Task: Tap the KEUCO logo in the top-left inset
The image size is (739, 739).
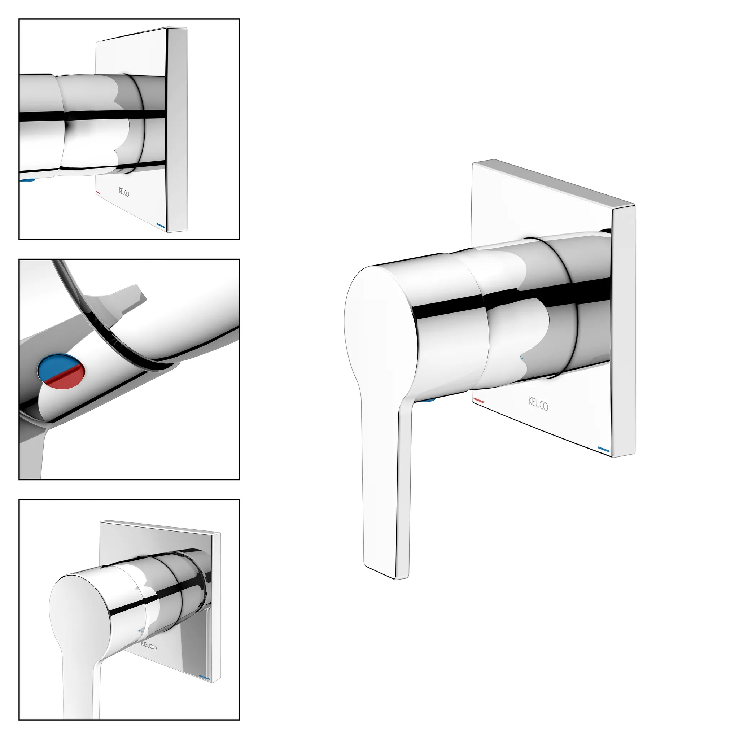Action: click(123, 192)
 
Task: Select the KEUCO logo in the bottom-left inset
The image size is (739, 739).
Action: click(149, 645)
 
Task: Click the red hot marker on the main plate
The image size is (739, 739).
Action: click(478, 401)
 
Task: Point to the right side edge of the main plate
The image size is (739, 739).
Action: click(623, 331)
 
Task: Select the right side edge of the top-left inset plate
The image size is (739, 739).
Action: click(176, 129)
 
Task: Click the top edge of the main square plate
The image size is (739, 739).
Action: click(554, 183)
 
